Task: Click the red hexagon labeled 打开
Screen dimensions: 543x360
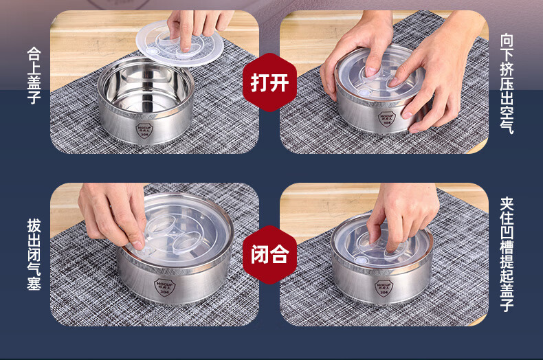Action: pyautogui.click(x=269, y=82)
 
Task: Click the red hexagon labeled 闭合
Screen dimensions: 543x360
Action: pyautogui.click(x=269, y=254)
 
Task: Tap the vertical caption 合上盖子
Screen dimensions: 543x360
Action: pyautogui.click(x=34, y=76)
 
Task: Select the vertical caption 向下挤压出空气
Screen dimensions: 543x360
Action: pyautogui.click(x=507, y=83)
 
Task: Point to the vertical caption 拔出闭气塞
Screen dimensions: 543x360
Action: pyautogui.click(x=34, y=254)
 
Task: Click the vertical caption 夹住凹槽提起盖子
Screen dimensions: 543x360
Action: pyautogui.click(x=507, y=254)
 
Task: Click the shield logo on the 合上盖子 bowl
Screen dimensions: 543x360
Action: pyautogui.click(x=144, y=130)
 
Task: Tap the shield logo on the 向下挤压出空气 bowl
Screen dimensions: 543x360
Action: pyautogui.click(x=387, y=119)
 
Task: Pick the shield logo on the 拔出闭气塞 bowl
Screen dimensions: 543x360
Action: pyautogui.click(x=164, y=287)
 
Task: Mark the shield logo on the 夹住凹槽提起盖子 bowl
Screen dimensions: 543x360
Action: pyautogui.click(x=384, y=287)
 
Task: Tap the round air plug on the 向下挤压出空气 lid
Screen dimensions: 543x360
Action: pyautogui.click(x=364, y=93)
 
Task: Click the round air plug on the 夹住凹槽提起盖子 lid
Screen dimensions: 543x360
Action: pyautogui.click(x=360, y=261)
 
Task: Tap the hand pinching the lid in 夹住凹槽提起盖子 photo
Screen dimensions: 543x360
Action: pyautogui.click(x=401, y=214)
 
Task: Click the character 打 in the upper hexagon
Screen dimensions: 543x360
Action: pyautogui.click(x=260, y=82)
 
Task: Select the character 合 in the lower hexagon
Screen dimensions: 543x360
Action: pyautogui.click(x=279, y=254)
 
